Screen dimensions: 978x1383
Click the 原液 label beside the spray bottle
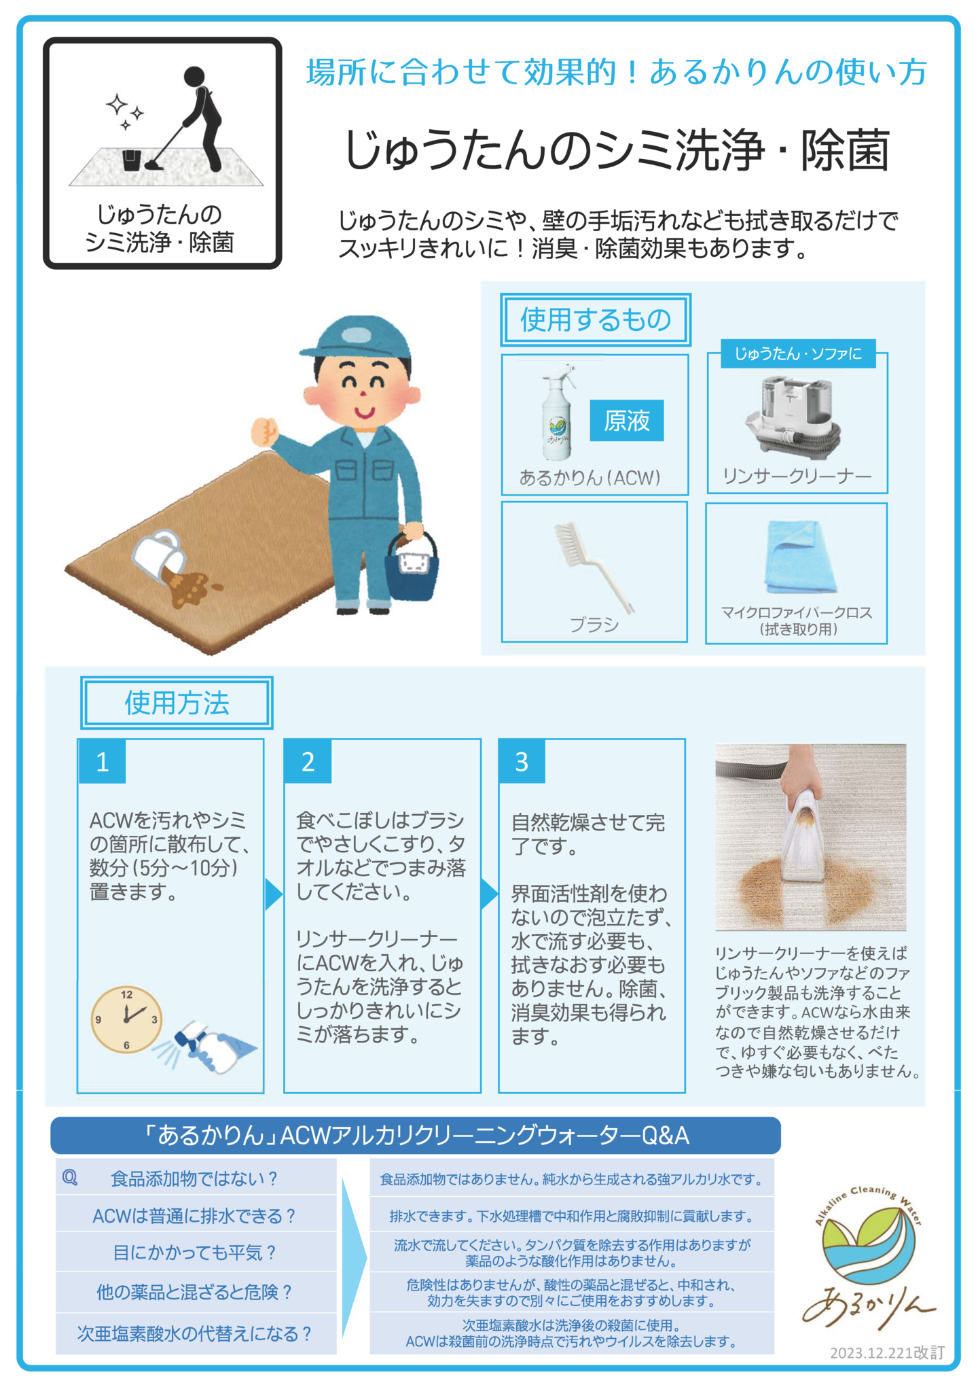626,421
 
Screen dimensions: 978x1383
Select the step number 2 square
308,761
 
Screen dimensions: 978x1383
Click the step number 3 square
522,761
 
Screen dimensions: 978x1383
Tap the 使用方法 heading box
177,703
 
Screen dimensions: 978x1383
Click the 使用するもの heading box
596,319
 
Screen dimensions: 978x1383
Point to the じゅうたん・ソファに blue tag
798,353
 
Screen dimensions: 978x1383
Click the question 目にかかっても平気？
195,1252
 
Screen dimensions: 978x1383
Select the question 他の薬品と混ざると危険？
195,1291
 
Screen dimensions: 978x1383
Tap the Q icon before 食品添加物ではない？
70,1178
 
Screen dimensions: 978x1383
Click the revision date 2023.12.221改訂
887,1352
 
